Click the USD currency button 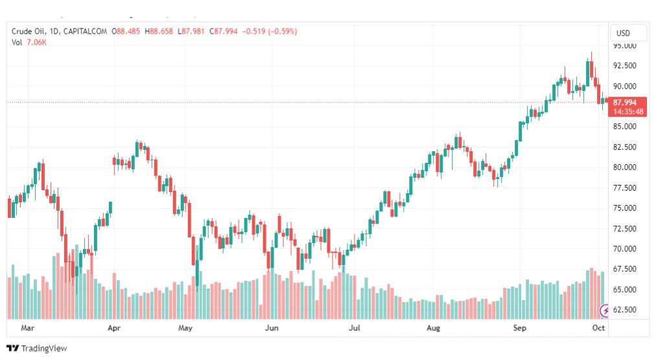[x=623, y=33]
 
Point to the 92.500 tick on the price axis [x=625, y=66]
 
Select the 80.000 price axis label [x=625, y=167]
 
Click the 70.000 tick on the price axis [x=625, y=248]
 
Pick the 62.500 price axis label [x=625, y=310]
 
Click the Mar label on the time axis [x=28, y=328]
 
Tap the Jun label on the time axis [x=272, y=328]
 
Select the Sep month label [x=520, y=328]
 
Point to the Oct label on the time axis [x=598, y=328]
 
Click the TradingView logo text [x=44, y=348]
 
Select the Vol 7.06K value [x=36, y=42]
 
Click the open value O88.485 [x=126, y=31]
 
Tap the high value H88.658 [x=159, y=31]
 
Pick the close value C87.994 [x=224, y=31]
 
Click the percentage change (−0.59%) [x=283, y=31]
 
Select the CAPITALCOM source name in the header [x=86, y=31]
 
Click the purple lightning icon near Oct [x=605, y=311]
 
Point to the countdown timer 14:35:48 [x=628, y=112]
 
